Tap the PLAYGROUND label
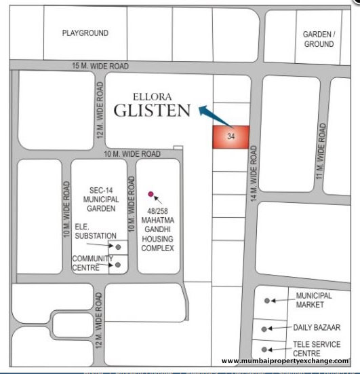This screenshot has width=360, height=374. tap(85, 33)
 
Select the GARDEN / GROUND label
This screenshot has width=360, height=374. tap(318, 39)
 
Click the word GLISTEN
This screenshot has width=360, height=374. tap(151, 110)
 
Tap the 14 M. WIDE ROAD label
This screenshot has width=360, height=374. tap(254, 174)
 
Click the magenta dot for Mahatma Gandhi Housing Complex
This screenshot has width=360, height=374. tap(151, 193)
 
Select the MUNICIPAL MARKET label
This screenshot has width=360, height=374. tap(314, 300)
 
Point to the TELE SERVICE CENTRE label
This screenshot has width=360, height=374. tap(316, 348)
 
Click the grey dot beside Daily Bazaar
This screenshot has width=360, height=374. tap(264, 329)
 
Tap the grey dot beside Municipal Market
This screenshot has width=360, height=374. tap(267, 300)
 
